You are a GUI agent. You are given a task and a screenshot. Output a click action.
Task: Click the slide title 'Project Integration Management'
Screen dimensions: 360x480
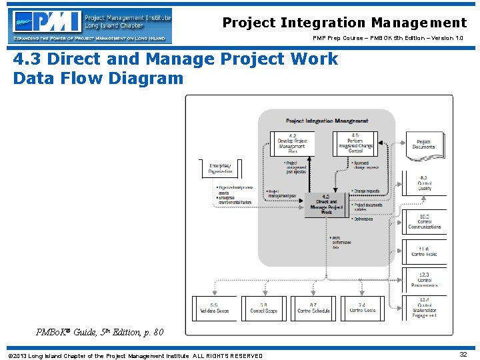coord(344,23)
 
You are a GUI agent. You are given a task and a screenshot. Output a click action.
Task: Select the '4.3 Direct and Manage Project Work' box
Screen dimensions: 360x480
coord(326,205)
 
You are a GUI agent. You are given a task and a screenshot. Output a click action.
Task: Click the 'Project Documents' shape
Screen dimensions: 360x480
coord(424,145)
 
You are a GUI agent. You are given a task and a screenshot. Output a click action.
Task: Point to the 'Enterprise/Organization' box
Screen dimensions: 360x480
coord(221,168)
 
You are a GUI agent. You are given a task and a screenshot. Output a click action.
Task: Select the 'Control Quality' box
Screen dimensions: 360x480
coord(424,183)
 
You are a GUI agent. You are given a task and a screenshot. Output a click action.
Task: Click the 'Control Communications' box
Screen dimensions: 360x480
coord(424,221)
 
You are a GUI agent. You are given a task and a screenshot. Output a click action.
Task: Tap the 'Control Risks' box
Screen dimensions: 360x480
coord(424,251)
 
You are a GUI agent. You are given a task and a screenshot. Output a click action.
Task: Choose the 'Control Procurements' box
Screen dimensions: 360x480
coord(424,279)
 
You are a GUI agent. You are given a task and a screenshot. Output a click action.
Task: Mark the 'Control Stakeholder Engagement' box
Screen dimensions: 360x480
coord(424,307)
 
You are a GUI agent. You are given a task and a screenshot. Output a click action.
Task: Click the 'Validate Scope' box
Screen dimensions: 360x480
coord(214,308)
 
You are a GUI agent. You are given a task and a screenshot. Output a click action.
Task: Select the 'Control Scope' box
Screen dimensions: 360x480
coord(264,308)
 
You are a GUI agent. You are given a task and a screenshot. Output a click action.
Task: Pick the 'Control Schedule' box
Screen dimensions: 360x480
coord(313,308)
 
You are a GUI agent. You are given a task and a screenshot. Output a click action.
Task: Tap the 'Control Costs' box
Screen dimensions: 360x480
coord(363,308)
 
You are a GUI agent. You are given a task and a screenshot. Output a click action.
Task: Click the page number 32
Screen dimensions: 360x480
coord(463,355)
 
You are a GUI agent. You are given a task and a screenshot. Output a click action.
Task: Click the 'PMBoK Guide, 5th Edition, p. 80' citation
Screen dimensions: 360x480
coord(99,332)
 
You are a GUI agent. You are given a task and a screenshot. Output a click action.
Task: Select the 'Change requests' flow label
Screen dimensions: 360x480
coord(366,191)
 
